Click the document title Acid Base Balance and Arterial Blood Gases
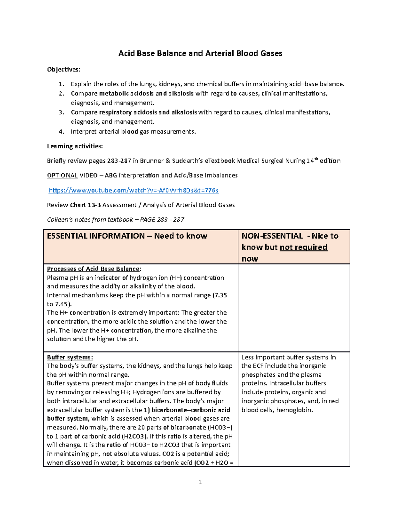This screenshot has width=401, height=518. (x=200, y=53)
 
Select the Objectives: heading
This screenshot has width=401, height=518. (x=63, y=69)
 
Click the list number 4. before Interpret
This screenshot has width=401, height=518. (x=61, y=132)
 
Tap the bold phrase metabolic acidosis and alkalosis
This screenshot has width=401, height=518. (x=146, y=94)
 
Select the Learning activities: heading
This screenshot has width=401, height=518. (x=75, y=146)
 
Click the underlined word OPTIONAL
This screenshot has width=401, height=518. (x=62, y=175)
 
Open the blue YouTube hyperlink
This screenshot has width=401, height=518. (x=134, y=190)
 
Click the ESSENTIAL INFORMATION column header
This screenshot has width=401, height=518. (x=127, y=236)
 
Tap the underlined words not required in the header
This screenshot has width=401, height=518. (x=303, y=247)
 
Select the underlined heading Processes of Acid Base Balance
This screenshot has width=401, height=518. (x=94, y=269)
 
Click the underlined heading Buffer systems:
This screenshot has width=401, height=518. (x=70, y=357)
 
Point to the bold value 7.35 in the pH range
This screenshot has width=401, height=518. (x=221, y=295)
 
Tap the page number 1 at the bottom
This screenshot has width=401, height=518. (x=200, y=482)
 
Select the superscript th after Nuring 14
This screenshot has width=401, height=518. (x=316, y=159)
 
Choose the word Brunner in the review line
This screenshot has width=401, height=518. (x=152, y=161)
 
